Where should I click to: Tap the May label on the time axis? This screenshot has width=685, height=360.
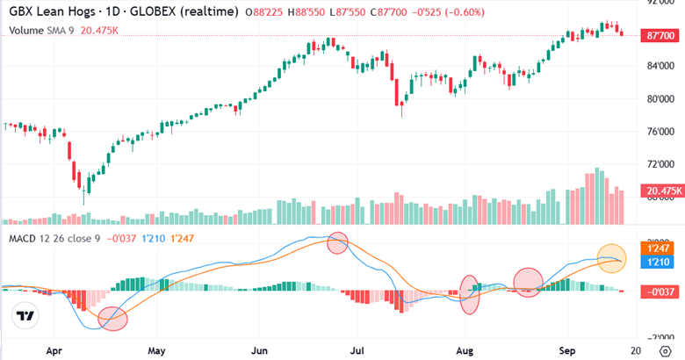pos(157,349)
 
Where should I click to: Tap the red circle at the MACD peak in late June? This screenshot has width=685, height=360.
pos(337,243)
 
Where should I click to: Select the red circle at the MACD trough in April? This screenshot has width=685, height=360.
pos(113,319)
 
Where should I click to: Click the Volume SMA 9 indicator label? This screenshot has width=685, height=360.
pos(37,30)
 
